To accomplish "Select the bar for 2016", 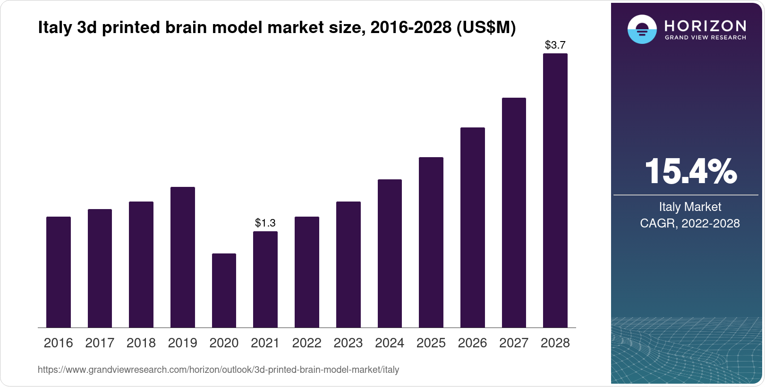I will pyautogui.click(x=59, y=272).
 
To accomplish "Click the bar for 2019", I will pyautogui.click(x=183, y=257).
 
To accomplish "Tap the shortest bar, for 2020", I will pyautogui.click(x=224, y=290).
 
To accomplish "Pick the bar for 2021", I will pyautogui.click(x=265, y=279).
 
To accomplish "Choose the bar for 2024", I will pyautogui.click(x=390, y=253).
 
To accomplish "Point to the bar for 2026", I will pyautogui.click(x=472, y=227).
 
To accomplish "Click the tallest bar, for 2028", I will pyautogui.click(x=555, y=191).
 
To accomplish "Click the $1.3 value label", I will pyautogui.click(x=265, y=222).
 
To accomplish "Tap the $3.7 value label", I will pyautogui.click(x=555, y=45).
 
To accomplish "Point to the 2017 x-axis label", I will pyautogui.click(x=100, y=343).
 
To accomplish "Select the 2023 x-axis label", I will pyautogui.click(x=348, y=343).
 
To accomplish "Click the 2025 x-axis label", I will pyautogui.click(x=431, y=343).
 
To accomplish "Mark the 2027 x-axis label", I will pyautogui.click(x=514, y=343).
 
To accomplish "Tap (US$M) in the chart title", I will pyautogui.click(x=486, y=27).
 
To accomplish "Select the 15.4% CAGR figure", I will pyautogui.click(x=690, y=171).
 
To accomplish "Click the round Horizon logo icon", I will pyautogui.click(x=642, y=29).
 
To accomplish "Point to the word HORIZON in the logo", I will pyautogui.click(x=705, y=25).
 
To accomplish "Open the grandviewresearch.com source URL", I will pyautogui.click(x=218, y=370).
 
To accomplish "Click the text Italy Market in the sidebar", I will pyautogui.click(x=690, y=207).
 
